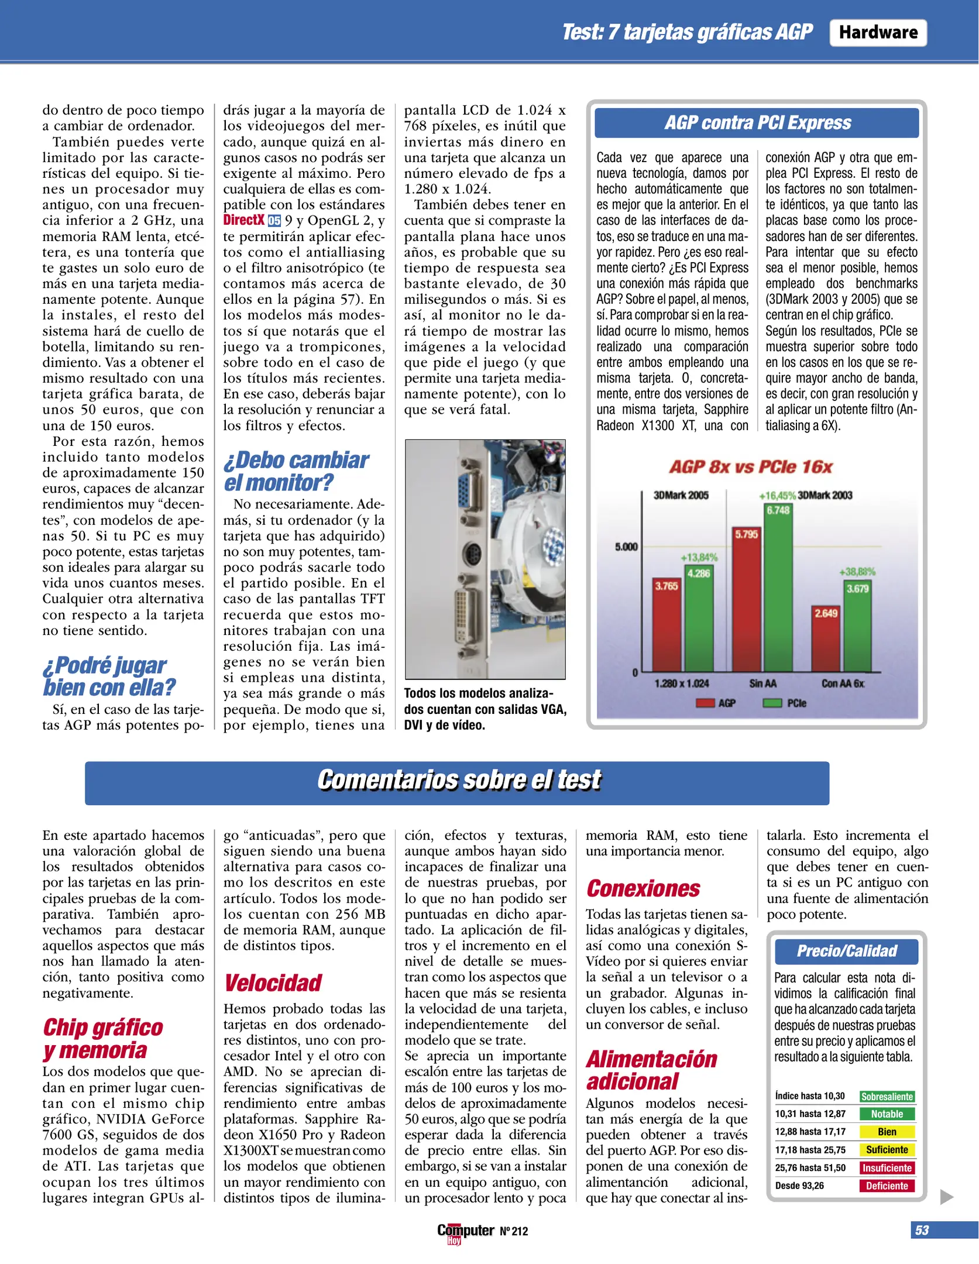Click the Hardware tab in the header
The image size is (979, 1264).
coord(877,32)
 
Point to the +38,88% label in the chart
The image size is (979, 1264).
coord(857,571)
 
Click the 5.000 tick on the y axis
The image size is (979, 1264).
coord(626,547)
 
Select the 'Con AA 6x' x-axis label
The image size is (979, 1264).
coord(842,683)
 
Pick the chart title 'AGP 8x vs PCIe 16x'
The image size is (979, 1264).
coord(751,466)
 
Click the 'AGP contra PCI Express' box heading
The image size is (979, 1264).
coord(757,123)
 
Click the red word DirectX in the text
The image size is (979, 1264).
coord(243,220)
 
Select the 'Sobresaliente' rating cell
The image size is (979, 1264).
coord(886,1096)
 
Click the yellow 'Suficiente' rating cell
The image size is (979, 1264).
coord(886,1149)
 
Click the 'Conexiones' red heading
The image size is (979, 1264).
coord(643,889)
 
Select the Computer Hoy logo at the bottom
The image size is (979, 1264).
coord(465,1232)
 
